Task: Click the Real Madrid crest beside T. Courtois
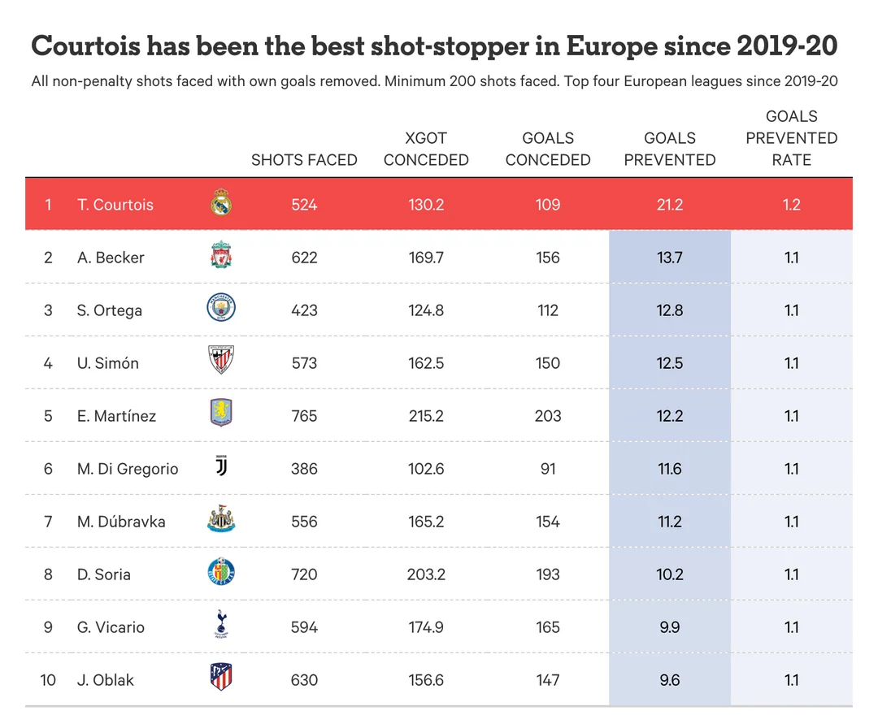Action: tap(221, 204)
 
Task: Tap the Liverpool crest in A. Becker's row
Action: tap(221, 257)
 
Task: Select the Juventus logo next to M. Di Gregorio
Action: tap(221, 468)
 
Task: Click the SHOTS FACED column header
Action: tap(304, 160)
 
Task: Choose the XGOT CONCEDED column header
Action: tap(426, 149)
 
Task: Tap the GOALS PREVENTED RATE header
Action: tap(791, 138)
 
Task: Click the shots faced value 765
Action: tap(304, 416)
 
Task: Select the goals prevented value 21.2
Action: tap(669, 205)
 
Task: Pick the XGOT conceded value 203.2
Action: tap(426, 574)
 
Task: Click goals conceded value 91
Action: tap(547, 469)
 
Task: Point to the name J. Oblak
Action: tap(106, 680)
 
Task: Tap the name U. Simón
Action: tap(108, 363)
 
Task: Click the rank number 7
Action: tap(48, 522)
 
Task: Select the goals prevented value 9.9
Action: tap(669, 627)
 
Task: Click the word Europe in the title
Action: tap(611, 46)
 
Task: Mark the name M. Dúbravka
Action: tap(121, 522)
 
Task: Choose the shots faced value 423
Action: tap(304, 310)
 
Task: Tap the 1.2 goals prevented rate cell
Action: tap(791, 205)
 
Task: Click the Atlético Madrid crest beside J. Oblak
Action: tap(221, 679)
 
